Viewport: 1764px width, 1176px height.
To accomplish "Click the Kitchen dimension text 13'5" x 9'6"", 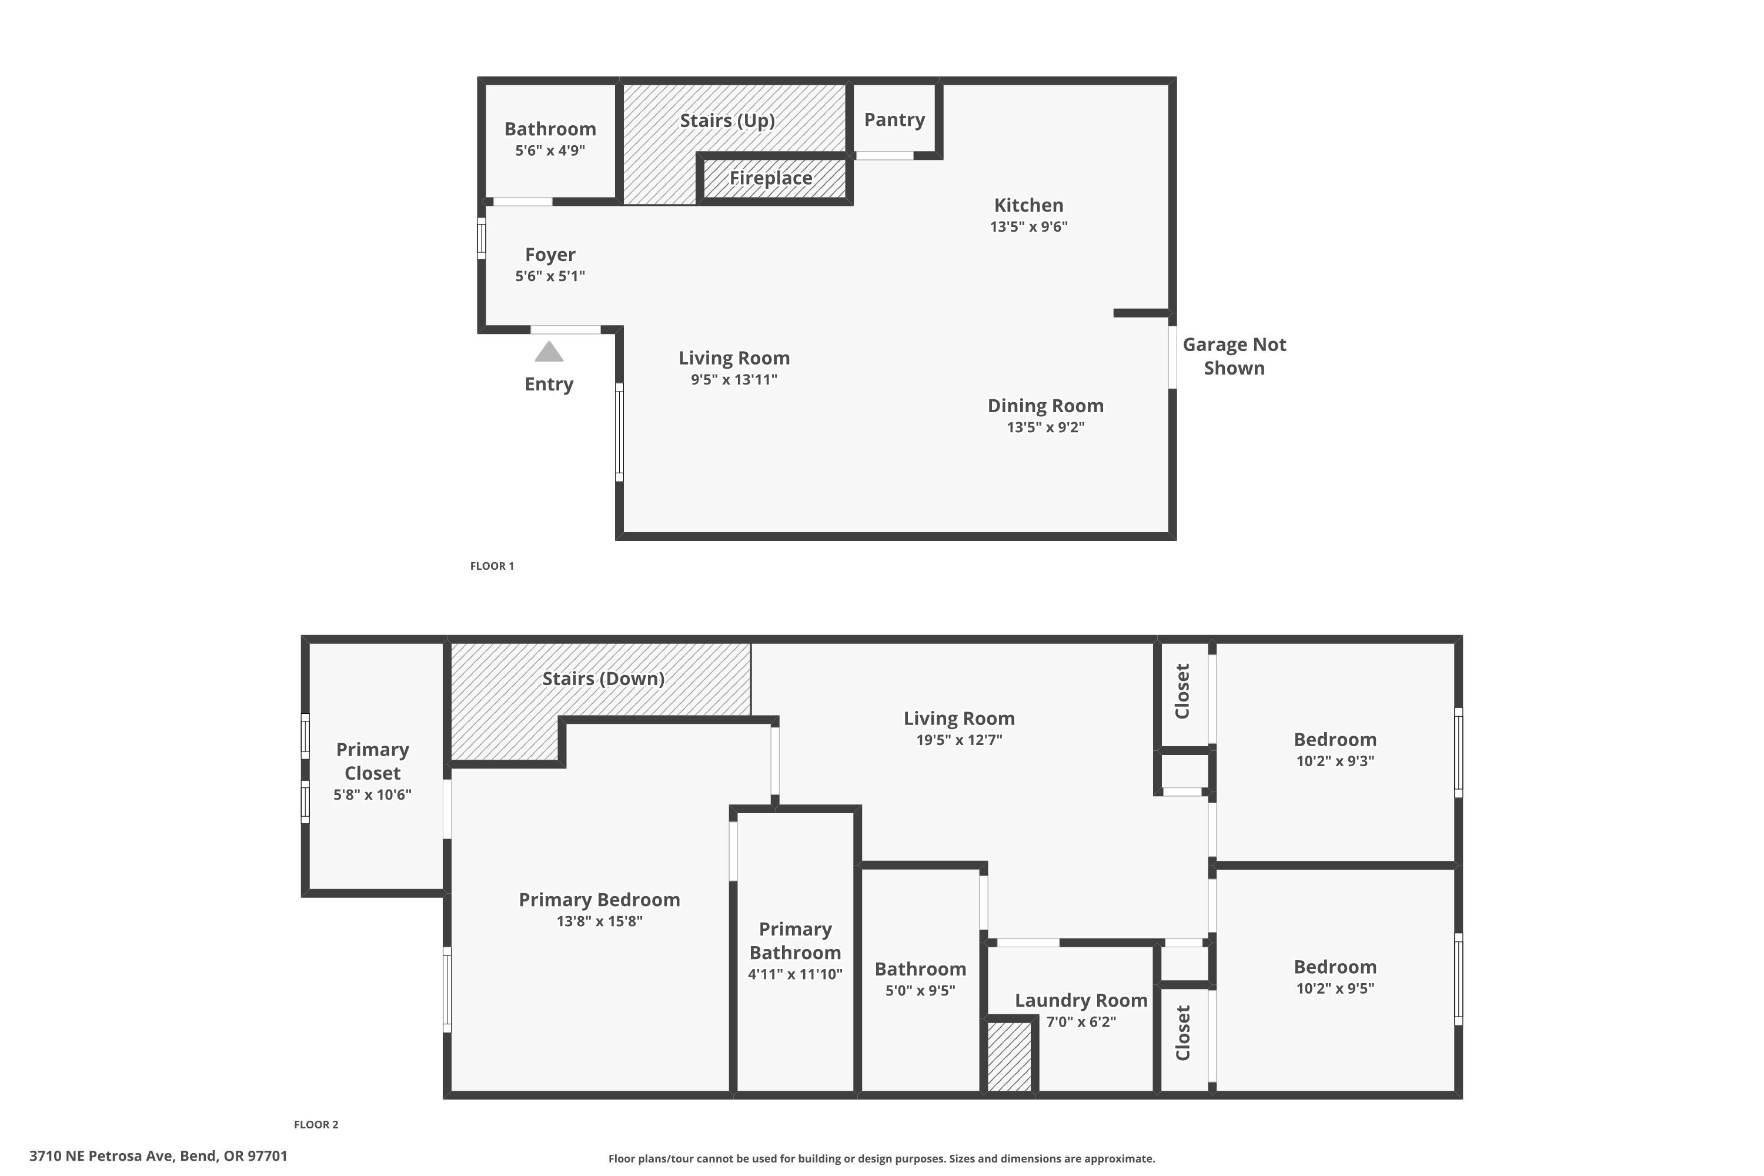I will pos(1028,226).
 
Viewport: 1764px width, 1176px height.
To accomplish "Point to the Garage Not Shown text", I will pos(1234,356).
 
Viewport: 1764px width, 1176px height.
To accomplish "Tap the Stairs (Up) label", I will pos(727,121).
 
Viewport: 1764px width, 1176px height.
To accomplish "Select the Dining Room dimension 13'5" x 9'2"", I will pos(1045,427).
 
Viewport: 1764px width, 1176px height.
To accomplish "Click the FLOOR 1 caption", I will pos(492,566).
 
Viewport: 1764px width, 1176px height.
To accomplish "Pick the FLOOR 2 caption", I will pos(316,1124).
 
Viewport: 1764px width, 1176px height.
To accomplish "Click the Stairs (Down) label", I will pos(603,679).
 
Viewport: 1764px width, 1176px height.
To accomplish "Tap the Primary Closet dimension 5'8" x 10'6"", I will pos(372,795).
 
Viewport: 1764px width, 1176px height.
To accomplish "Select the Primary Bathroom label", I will pos(795,940).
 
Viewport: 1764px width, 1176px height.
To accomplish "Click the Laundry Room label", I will pos(1081,1001).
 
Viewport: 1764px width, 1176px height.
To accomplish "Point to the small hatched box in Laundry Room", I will pos(1009,1056).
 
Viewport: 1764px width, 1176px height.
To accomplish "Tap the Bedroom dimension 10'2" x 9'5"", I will pos(1335,988).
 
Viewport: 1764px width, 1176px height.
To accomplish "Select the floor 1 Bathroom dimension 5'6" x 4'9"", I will pos(550,151).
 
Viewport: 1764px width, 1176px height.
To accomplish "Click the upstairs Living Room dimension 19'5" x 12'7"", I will pos(958,740).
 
